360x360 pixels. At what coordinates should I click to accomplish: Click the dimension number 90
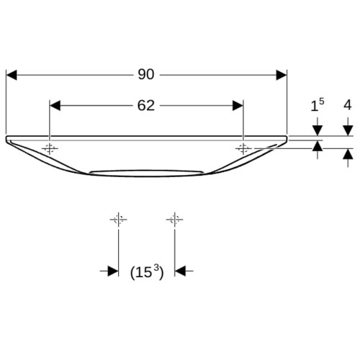pos(146,74)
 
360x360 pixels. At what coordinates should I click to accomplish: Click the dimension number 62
pos(146,105)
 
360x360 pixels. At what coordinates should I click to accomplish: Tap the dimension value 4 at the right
pos(348,105)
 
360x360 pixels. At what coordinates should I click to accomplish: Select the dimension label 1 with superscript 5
pos(318,105)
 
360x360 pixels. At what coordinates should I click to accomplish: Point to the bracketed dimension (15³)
pos(147,272)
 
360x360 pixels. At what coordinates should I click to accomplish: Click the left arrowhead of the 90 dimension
pos(12,75)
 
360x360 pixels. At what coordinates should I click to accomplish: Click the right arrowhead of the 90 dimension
pos(282,75)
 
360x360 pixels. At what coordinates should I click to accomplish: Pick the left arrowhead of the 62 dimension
pos(55,106)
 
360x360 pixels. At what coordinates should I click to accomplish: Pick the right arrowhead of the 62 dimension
pos(238,106)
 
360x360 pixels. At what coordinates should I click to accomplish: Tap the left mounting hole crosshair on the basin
pos(50,149)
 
